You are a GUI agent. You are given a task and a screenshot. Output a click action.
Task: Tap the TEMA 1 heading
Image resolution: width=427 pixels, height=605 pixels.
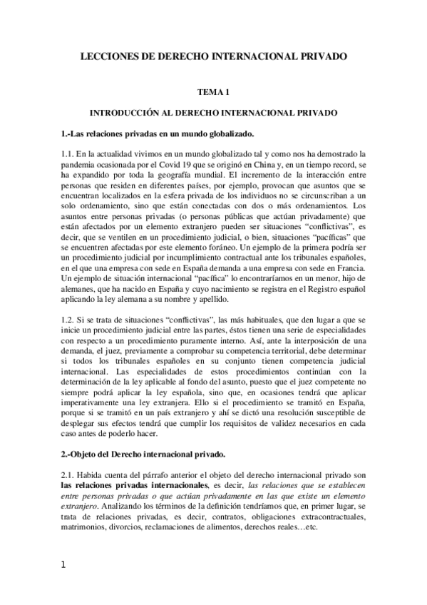(213, 93)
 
